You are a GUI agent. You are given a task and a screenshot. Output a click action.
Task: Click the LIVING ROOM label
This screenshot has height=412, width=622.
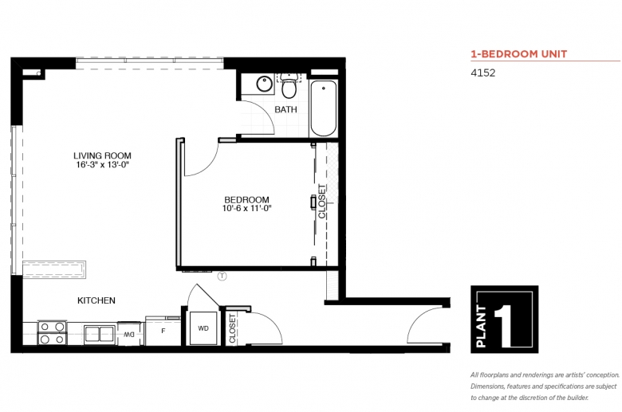pos(102,156)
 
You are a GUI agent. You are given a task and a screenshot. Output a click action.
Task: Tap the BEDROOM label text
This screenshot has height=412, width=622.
pos(246,200)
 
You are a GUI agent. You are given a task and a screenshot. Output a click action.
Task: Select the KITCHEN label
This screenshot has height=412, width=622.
pos(96,300)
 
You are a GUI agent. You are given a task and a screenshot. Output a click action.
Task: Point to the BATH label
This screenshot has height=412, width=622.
pos(286,109)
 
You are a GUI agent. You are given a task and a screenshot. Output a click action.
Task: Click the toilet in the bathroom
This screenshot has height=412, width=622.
pos(289,85)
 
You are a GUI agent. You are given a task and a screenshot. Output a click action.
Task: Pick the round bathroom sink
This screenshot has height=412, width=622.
pos(264,84)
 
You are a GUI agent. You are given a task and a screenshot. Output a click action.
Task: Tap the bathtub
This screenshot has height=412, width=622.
pos(323,108)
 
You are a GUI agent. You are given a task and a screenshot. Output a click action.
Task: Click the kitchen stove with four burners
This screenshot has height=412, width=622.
pos(52,333)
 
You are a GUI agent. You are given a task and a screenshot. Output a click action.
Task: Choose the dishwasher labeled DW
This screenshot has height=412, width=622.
pos(129,334)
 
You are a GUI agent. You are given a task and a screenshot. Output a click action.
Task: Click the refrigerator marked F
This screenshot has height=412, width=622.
pos(163,331)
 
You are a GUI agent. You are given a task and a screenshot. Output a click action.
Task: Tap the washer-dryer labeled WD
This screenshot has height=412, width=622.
pos(203,328)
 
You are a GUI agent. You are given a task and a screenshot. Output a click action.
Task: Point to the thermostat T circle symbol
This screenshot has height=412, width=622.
pos(222,276)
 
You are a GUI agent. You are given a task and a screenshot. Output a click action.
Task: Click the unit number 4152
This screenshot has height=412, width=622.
pos(482,73)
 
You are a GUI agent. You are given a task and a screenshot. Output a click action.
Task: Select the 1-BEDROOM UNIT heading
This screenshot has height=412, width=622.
pos(519,54)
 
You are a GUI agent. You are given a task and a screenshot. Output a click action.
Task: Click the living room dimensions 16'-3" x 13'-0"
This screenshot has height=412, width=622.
pos(103,165)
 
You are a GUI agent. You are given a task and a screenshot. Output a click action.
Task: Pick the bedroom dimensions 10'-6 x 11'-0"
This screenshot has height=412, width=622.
pos(246,209)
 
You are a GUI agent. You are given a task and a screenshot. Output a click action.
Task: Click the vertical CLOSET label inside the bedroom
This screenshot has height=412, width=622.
pos(321,201)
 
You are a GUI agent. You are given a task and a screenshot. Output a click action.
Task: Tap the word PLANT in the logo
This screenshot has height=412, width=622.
pos(481,327)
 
